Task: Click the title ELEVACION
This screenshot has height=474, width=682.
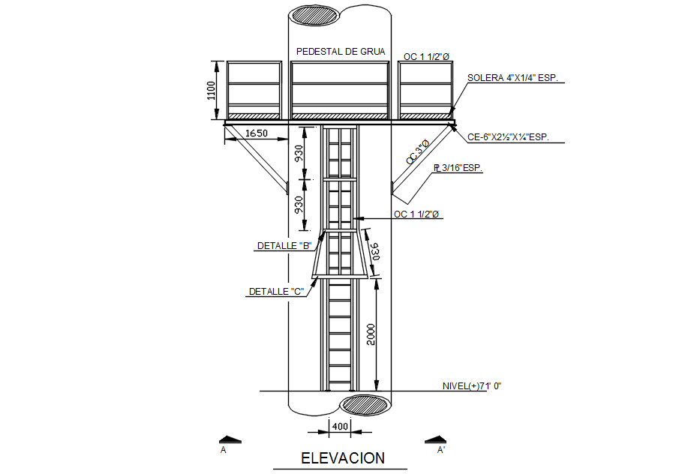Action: pos(343,457)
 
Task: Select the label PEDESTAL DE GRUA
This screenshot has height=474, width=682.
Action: pos(341,52)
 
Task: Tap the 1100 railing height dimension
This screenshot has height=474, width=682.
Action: pos(212,91)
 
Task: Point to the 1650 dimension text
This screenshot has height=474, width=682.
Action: pos(257,133)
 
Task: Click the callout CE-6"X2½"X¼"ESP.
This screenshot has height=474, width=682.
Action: pos(508,137)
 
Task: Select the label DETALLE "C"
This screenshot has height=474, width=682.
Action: pos(276,292)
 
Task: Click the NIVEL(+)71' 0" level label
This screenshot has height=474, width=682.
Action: pos(470,385)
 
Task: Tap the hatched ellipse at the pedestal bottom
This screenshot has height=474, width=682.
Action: pos(364,404)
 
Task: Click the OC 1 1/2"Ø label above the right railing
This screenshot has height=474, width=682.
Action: pos(426,56)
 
